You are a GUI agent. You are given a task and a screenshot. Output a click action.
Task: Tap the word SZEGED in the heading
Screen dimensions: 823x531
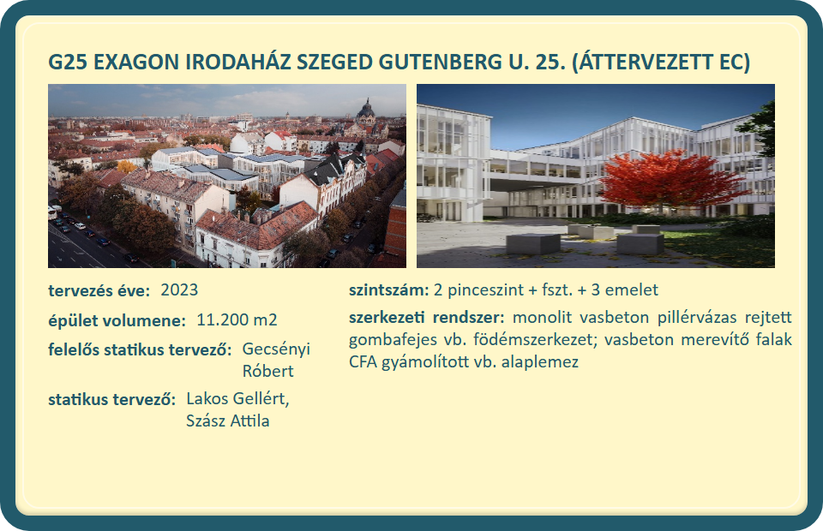(x=334, y=62)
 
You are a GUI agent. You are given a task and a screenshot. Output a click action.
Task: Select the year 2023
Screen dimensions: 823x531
(x=179, y=289)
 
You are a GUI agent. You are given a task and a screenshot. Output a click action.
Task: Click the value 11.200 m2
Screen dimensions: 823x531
(x=237, y=319)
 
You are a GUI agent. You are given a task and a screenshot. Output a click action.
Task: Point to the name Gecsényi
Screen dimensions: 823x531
(x=276, y=349)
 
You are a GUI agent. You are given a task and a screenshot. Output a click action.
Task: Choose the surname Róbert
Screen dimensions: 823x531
(x=267, y=371)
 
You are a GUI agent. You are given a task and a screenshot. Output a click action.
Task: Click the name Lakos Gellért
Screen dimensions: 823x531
(x=237, y=399)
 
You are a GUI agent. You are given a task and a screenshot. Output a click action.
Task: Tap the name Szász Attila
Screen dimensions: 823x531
(x=228, y=421)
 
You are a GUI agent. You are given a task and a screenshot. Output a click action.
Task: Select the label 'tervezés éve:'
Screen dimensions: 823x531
(x=99, y=290)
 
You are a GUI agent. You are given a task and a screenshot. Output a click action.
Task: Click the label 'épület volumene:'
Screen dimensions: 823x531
(x=117, y=321)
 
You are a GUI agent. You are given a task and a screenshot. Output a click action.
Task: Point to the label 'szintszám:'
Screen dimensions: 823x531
(x=389, y=289)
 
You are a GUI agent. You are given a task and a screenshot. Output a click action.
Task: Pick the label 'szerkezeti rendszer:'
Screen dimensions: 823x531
(x=427, y=317)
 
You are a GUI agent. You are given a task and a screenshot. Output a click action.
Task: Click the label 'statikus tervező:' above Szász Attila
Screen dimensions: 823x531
(x=112, y=400)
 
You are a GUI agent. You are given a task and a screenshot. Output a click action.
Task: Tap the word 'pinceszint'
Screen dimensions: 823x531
(x=478, y=290)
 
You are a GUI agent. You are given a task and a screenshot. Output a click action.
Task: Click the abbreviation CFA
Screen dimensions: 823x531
(x=363, y=361)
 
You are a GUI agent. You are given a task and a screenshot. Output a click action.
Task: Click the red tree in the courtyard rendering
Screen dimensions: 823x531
(x=668, y=178)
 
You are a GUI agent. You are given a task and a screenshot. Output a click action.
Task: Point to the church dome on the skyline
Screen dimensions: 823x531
(x=366, y=110)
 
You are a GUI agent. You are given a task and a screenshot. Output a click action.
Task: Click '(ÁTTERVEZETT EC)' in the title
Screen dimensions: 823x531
(x=661, y=62)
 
